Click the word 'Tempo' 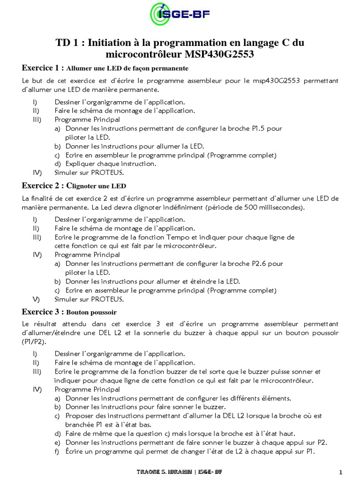pyautogui.click(x=168, y=237)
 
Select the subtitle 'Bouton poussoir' pyautogui.click(x=91, y=312)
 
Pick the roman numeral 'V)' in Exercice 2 pyautogui.click(x=36, y=299)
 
